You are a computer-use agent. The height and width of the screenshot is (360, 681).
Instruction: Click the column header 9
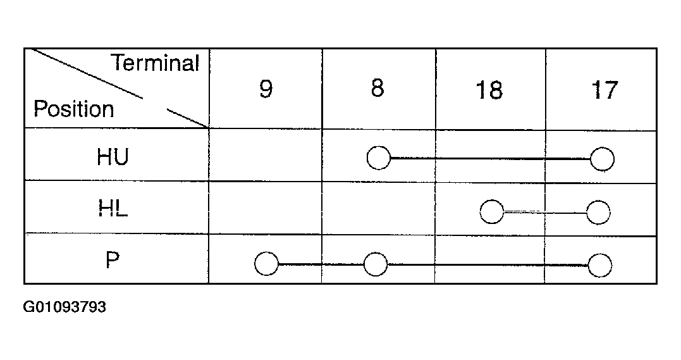click(266, 89)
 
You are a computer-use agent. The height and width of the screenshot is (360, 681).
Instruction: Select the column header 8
click(377, 88)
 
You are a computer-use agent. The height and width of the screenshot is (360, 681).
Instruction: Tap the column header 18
click(489, 90)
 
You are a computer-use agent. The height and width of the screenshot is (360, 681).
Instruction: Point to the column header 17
click(604, 90)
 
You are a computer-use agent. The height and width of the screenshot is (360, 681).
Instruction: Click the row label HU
click(113, 156)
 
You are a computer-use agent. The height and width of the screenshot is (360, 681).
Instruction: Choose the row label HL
click(113, 209)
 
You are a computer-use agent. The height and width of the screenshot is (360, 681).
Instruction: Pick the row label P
click(113, 261)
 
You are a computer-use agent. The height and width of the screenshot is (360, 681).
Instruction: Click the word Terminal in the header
click(155, 63)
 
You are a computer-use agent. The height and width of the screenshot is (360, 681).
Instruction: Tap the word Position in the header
click(74, 109)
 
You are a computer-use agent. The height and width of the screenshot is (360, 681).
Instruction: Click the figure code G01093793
click(64, 307)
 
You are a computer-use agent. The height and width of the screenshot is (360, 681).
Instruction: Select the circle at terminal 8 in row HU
click(378, 158)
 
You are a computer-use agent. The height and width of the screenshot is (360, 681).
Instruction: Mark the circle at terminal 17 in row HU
click(603, 159)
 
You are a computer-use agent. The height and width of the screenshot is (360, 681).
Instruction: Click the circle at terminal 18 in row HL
click(492, 212)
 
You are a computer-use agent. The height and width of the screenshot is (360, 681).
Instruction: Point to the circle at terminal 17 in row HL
click(598, 213)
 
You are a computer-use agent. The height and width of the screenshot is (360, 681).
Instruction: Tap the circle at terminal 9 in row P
click(266, 264)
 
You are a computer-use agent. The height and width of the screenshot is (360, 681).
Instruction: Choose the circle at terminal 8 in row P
click(376, 264)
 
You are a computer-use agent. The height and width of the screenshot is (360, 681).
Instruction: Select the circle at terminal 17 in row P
click(600, 265)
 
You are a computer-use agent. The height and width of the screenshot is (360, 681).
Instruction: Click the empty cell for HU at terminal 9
click(266, 155)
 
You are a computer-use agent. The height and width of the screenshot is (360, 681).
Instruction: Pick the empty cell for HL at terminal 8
click(378, 208)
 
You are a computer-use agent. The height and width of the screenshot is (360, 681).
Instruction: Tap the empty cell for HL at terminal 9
click(266, 208)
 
